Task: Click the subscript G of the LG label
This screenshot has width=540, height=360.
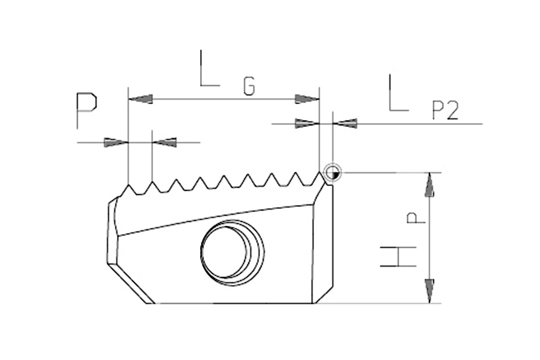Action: [249, 86]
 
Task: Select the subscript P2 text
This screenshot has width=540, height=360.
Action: [445, 110]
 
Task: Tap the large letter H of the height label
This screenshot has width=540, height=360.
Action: [398, 257]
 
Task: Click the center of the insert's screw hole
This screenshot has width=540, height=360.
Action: [232, 252]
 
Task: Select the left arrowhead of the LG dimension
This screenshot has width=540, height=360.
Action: [140, 99]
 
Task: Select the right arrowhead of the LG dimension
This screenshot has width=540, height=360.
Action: [307, 99]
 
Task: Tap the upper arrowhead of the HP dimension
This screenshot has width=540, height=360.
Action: [429, 185]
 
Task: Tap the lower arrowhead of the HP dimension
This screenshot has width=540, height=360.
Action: [429, 291]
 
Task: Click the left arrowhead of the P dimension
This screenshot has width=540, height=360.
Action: [116, 142]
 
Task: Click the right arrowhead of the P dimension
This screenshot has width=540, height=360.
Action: [165, 142]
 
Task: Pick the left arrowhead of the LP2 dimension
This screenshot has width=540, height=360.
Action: [307, 123]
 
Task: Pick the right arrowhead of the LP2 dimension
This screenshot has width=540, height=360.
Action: [345, 123]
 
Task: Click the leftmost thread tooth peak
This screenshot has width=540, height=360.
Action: [128, 185]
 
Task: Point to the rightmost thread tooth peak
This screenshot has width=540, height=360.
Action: [320, 173]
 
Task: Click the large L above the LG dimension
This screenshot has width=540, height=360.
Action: [210, 68]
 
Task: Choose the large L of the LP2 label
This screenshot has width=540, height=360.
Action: [398, 93]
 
